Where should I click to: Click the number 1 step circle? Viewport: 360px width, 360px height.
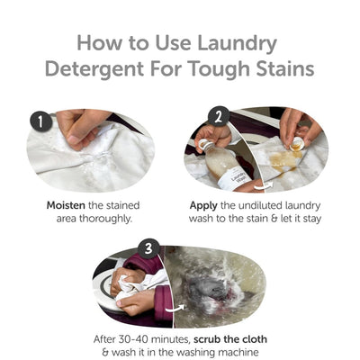tap(40, 121)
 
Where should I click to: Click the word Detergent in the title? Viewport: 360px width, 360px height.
tap(120, 70)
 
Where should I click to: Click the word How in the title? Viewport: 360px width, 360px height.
tap(101, 41)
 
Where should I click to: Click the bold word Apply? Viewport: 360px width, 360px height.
tap(204, 205)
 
